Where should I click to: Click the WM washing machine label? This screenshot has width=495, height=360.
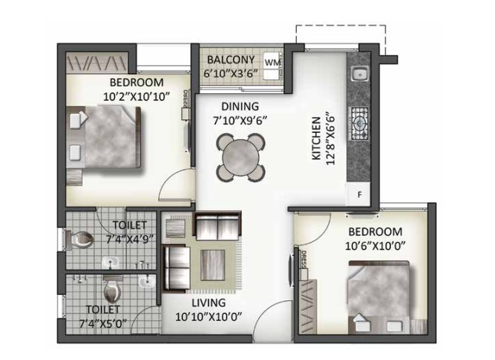pos(272,63)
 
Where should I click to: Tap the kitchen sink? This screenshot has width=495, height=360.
pos(360,74)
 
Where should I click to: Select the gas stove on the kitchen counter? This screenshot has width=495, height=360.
pos(360,123)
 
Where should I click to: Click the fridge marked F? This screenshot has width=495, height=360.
pos(360,195)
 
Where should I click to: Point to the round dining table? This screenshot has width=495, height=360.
pos(240,157)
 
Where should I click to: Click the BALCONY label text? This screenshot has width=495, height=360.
pos(231,60)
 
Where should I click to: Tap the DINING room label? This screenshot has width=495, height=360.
pos(240,106)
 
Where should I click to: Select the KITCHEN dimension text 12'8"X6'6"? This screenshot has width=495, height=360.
pos(330,138)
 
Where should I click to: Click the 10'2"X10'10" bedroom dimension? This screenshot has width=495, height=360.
pos(136,96)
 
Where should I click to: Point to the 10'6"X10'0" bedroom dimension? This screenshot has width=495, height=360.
pos(375,246)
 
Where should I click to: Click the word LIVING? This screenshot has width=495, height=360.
pos(209,303)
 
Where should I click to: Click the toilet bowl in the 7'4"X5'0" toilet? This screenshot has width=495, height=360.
pos(112,289)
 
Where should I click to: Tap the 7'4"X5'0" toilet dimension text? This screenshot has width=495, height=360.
pos(103,323)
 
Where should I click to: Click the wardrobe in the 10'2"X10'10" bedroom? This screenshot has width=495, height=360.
pos(97,63)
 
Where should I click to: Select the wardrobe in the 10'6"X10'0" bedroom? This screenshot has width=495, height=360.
pos(307,306)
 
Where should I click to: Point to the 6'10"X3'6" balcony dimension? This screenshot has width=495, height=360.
pos(231,74)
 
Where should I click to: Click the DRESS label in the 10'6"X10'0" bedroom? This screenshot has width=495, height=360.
pos(304,260)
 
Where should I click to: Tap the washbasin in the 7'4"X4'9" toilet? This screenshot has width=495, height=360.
pos(110,262)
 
